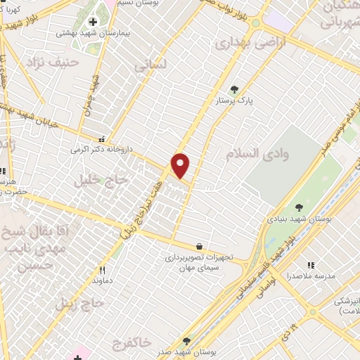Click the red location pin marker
click(x=181, y=165)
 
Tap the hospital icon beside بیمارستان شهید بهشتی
click(x=93, y=22)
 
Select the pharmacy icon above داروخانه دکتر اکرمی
click(x=103, y=139)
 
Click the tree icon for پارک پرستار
click(x=234, y=89)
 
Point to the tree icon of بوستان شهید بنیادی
click(x=300, y=207)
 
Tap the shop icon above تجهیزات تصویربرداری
click(x=200, y=247)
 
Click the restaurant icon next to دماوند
click(x=102, y=270)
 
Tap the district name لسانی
click(x=150, y=65)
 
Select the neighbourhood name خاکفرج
click(x=131, y=342)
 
